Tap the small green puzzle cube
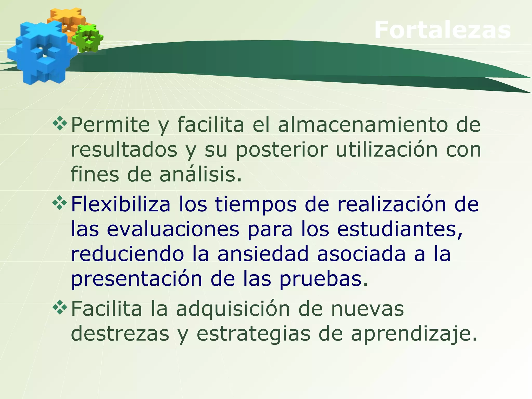(88, 38)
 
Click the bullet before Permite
(60, 123)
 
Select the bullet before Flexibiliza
(60, 203)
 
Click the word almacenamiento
(363, 125)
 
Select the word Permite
(110, 125)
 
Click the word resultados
(124, 150)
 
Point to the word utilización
(387, 150)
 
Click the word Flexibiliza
(121, 204)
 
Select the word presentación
(136, 279)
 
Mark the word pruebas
(324, 279)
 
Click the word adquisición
(233, 309)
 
